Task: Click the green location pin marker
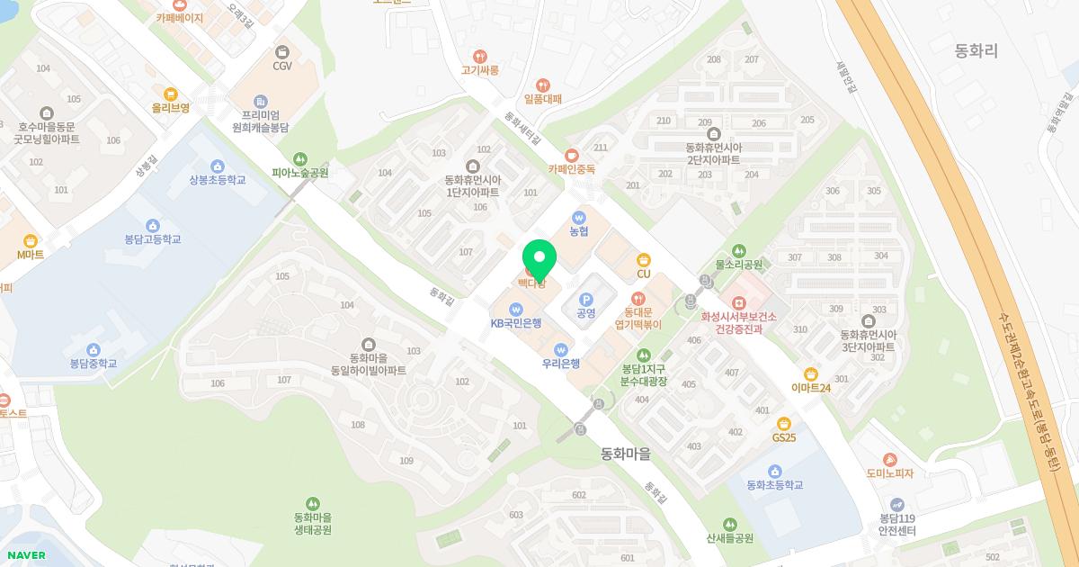(539, 258)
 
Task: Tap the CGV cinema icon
(283, 52)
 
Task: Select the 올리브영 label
(171, 108)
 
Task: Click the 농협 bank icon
(579, 217)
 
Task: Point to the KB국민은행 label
(515, 323)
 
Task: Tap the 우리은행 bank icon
(561, 349)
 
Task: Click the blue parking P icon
(586, 299)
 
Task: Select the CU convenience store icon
(643, 259)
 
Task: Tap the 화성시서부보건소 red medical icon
(738, 302)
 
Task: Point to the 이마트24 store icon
(811, 373)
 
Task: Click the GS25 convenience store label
(784, 437)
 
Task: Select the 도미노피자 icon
(889, 459)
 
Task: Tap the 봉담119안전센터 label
(896, 525)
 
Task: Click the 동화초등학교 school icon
(774, 471)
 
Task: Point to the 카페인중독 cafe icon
(572, 155)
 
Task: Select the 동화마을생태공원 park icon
(313, 503)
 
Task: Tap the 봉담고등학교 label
(153, 239)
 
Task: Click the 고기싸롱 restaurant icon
(480, 56)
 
